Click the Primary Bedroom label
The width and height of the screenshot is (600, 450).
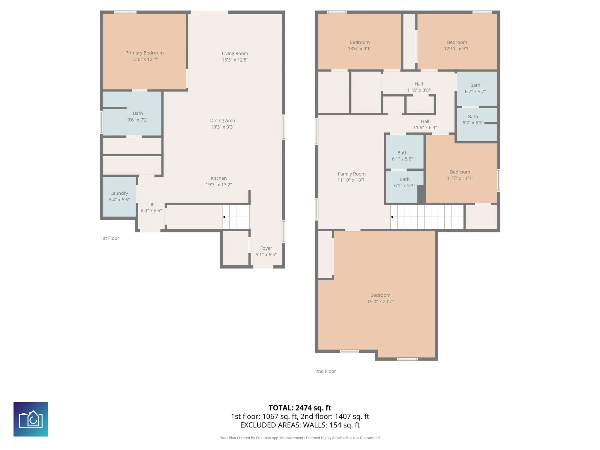(144, 53)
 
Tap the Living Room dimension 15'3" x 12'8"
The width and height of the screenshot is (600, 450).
(235, 60)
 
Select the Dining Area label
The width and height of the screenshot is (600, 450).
(223, 121)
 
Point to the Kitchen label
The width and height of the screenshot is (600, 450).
(219, 178)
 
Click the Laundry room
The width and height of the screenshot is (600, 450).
(119, 196)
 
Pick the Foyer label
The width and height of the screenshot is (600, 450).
(266, 248)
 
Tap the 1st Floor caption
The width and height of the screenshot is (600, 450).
(110, 238)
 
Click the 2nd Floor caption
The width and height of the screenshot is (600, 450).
(325, 371)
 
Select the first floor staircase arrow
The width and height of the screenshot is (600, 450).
(236, 217)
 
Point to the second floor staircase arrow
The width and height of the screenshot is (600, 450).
(427, 217)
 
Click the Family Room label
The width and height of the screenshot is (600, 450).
(352, 174)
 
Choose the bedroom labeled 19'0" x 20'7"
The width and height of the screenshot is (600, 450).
(380, 298)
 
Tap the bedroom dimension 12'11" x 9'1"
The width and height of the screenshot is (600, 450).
(457, 49)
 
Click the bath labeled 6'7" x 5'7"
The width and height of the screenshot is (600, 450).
(477, 88)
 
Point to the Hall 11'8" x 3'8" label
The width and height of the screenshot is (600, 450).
(419, 87)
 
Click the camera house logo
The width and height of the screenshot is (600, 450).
(31, 419)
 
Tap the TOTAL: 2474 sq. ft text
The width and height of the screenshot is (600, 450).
(300, 408)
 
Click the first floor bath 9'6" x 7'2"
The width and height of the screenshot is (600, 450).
(132, 113)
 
